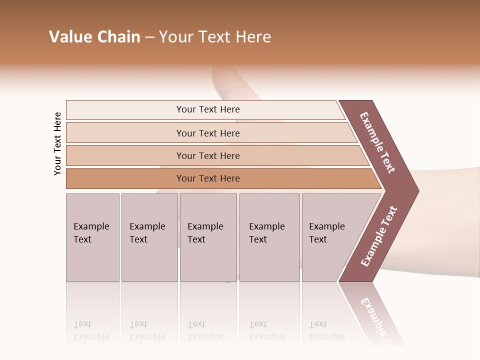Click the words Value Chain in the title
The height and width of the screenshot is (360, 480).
[x=94, y=37]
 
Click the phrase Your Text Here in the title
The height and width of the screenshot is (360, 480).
[x=215, y=37]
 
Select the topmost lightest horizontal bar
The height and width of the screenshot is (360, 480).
[x=125, y=110]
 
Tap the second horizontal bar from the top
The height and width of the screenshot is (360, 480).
[x=125, y=133]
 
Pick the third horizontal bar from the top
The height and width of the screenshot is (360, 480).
[x=125, y=155]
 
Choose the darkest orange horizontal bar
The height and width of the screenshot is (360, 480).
[x=125, y=178]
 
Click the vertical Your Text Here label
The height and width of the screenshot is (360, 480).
[x=57, y=143]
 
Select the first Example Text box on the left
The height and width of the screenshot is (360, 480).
[x=92, y=237]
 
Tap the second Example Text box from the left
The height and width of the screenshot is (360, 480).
[x=149, y=237]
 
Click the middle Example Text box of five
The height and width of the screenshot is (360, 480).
[x=208, y=237]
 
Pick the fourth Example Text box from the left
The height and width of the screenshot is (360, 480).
[x=269, y=237]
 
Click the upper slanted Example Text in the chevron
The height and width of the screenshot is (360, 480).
[x=377, y=142]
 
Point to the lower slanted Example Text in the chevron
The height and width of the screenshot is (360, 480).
[x=378, y=236]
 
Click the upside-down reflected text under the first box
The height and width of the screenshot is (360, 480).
[x=91, y=330]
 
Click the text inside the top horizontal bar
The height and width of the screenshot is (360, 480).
[x=208, y=109]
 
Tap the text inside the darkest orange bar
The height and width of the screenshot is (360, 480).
[x=208, y=178]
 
